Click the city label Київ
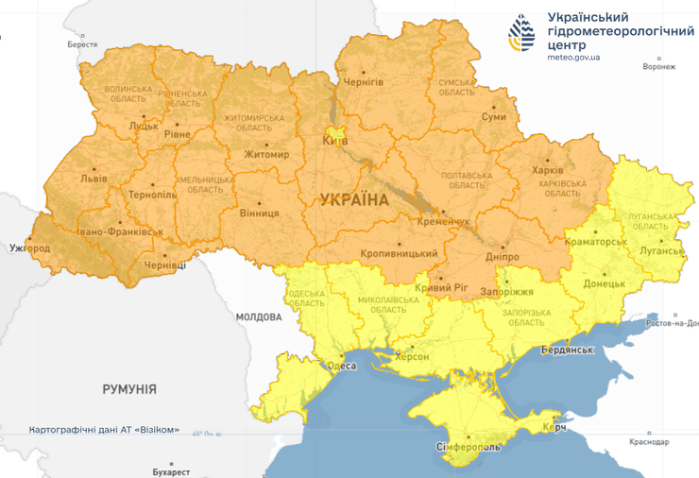click(335, 141)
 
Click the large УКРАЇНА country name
click(354, 199)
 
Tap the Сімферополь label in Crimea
click(469, 444)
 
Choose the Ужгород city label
click(28, 248)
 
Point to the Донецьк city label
click(604, 282)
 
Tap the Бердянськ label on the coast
click(567, 350)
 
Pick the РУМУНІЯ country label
click(129, 388)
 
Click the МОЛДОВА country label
click(259, 316)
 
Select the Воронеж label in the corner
click(658, 67)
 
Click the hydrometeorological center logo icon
click(521, 35)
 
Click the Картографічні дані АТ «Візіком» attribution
click(104, 430)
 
